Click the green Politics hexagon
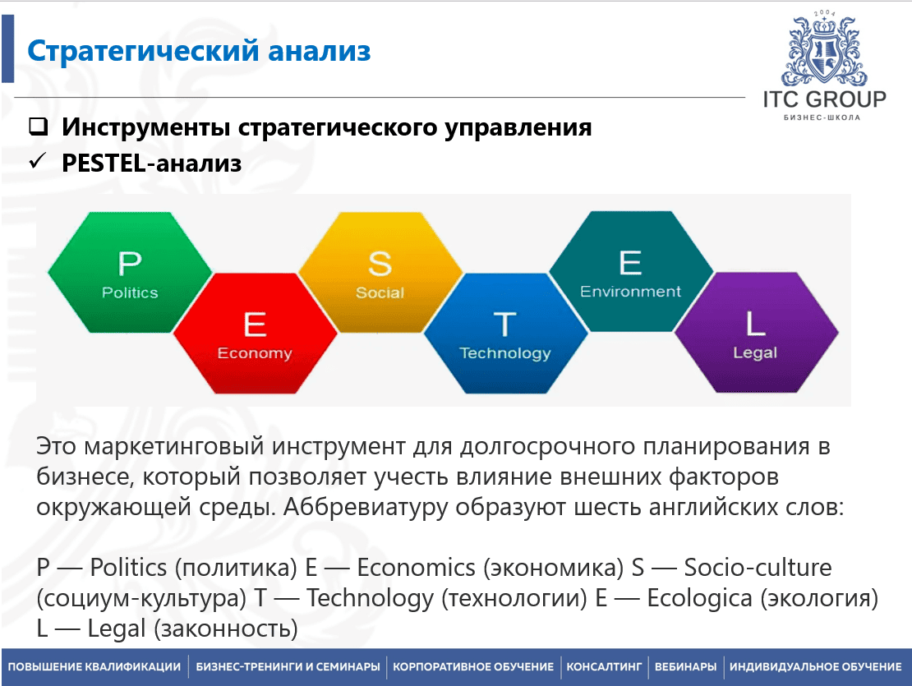[x=131, y=272]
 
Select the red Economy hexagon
[x=256, y=333]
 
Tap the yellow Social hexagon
[x=380, y=272]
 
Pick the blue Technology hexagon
[x=505, y=333]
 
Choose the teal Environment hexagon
[x=631, y=271]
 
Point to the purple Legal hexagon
[x=756, y=332]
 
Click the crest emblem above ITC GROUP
[x=824, y=48]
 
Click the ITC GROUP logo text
[x=825, y=99]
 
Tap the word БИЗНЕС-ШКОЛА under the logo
[x=822, y=117]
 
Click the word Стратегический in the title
[x=143, y=51]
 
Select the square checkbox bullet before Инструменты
[x=39, y=127]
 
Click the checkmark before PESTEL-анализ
[x=37, y=160]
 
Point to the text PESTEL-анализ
[x=152, y=163]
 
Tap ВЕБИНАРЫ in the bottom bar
[x=686, y=667]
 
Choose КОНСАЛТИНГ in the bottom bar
[x=605, y=667]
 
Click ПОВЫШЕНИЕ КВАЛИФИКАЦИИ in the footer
[x=94, y=667]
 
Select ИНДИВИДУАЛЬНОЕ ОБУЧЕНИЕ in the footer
[x=815, y=667]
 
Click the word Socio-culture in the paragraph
[x=758, y=568]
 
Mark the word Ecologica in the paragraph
[x=700, y=598]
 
